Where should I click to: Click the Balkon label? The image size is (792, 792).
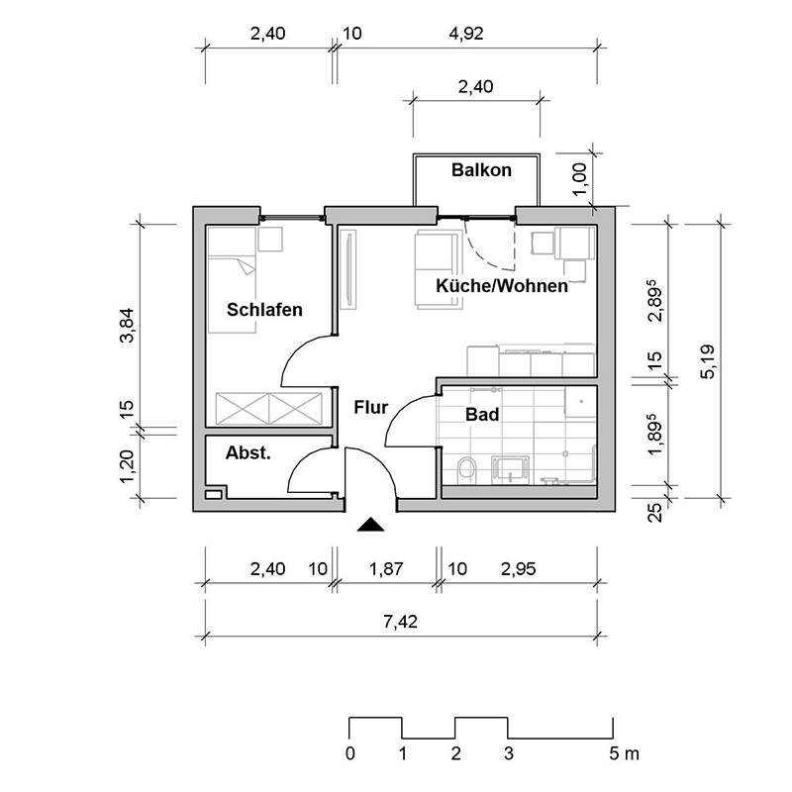(481, 170)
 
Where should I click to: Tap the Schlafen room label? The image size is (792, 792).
(264, 310)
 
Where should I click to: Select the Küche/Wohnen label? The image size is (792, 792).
(502, 287)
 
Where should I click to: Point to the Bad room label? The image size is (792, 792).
(481, 416)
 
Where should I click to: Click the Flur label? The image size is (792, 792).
(370, 406)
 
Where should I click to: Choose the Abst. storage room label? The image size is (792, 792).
(248, 453)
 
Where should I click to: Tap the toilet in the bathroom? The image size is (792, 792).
(466, 470)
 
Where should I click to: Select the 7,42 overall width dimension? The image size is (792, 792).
(401, 622)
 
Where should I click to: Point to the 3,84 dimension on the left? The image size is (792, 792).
(126, 324)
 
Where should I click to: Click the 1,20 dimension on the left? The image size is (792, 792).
(126, 465)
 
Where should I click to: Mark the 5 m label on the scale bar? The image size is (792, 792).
(625, 754)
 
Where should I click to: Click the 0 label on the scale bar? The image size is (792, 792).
(349, 754)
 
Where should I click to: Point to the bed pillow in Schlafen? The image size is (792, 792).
(242, 265)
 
